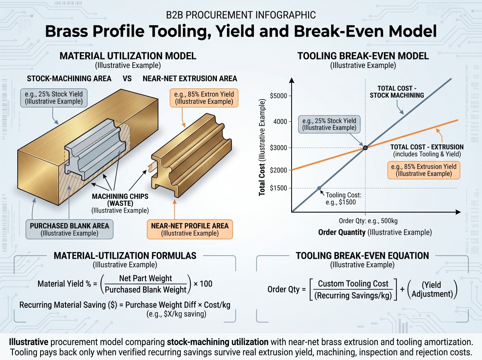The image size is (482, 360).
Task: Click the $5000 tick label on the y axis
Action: point(278,96)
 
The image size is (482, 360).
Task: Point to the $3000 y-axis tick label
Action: point(278,148)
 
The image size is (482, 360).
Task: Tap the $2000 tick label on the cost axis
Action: point(278,170)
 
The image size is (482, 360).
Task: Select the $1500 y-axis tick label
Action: point(278,188)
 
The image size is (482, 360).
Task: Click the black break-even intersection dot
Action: point(365,148)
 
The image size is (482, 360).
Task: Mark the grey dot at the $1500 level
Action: point(319,188)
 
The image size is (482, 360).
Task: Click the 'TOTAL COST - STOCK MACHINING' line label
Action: point(397,92)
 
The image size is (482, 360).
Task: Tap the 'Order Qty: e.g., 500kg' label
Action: point(368,221)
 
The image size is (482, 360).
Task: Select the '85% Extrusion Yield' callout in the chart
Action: point(424,170)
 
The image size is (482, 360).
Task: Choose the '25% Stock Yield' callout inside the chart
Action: point(329,124)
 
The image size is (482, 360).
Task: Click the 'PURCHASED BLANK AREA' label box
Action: point(69,229)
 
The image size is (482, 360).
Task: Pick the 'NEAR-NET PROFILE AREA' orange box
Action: point(190,229)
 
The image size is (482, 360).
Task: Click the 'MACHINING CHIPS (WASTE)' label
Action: point(120,200)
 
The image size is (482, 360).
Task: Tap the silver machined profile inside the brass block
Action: point(94,149)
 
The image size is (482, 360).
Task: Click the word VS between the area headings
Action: point(127,79)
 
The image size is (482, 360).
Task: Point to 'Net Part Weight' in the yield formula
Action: point(145,278)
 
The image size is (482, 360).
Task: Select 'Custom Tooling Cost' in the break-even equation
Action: point(353,284)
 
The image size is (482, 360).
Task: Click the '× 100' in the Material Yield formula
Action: point(203,284)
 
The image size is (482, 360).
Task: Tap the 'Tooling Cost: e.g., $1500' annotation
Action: point(343,198)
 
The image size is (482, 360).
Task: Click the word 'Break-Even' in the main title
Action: point(339,31)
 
